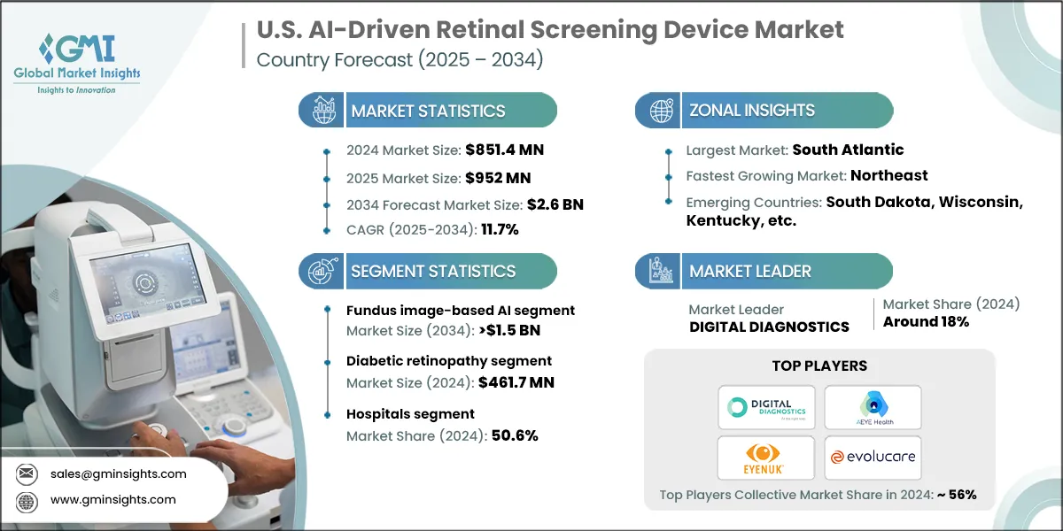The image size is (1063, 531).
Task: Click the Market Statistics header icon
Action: pos(322,111)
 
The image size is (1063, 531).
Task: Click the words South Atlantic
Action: pos(848,150)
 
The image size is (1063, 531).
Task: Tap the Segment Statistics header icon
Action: pos(322,271)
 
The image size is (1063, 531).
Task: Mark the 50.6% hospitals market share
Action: pos(510,435)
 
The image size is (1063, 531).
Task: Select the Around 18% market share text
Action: pos(926,322)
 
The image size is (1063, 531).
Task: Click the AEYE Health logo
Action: pos(873,407)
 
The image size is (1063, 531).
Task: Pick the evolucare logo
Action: pos(873,458)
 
